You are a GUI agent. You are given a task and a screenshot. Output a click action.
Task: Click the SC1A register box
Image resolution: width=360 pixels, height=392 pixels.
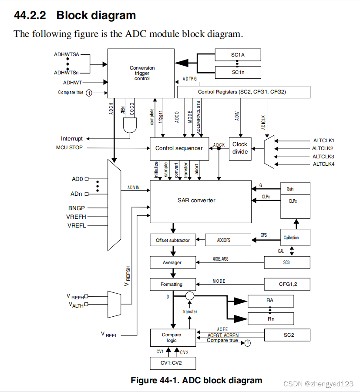coord(238,55)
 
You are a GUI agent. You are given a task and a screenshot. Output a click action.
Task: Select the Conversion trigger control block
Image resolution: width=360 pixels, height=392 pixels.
coord(142,73)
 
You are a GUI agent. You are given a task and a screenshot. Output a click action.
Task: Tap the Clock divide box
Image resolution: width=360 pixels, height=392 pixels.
coord(240,148)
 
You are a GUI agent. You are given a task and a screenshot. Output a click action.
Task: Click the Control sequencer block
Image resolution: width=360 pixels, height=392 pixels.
coord(179,148)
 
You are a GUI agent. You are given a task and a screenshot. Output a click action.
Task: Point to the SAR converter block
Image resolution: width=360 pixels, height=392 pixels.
coord(200,201)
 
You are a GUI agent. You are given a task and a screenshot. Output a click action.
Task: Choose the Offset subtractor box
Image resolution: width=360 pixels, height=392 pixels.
coord(172,240)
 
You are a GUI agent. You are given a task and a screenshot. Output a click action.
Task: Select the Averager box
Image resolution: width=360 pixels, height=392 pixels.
coord(172,262)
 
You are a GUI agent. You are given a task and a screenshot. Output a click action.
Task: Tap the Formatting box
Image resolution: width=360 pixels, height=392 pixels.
coord(172,284)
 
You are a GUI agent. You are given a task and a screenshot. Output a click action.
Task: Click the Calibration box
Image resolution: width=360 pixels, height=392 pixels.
coord(296,238)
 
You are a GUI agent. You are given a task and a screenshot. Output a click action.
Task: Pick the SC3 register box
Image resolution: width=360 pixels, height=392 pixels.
coord(287,262)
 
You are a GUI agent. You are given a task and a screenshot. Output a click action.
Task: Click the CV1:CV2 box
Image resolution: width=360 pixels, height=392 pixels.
coord(172,363)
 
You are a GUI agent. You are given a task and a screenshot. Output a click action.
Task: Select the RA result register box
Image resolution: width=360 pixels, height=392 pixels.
coord(270,301)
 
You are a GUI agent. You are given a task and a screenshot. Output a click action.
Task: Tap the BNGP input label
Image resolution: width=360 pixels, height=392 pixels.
coord(77,208)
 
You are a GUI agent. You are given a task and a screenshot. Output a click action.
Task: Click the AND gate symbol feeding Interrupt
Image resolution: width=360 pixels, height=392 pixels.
coord(130,126)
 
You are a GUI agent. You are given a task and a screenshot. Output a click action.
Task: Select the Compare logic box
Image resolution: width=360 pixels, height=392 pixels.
coord(172,337)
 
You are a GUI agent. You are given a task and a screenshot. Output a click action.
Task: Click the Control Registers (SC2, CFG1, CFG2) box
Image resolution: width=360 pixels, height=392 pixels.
coord(244,92)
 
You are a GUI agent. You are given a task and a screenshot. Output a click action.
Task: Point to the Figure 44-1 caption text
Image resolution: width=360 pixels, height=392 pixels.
coord(196,380)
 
